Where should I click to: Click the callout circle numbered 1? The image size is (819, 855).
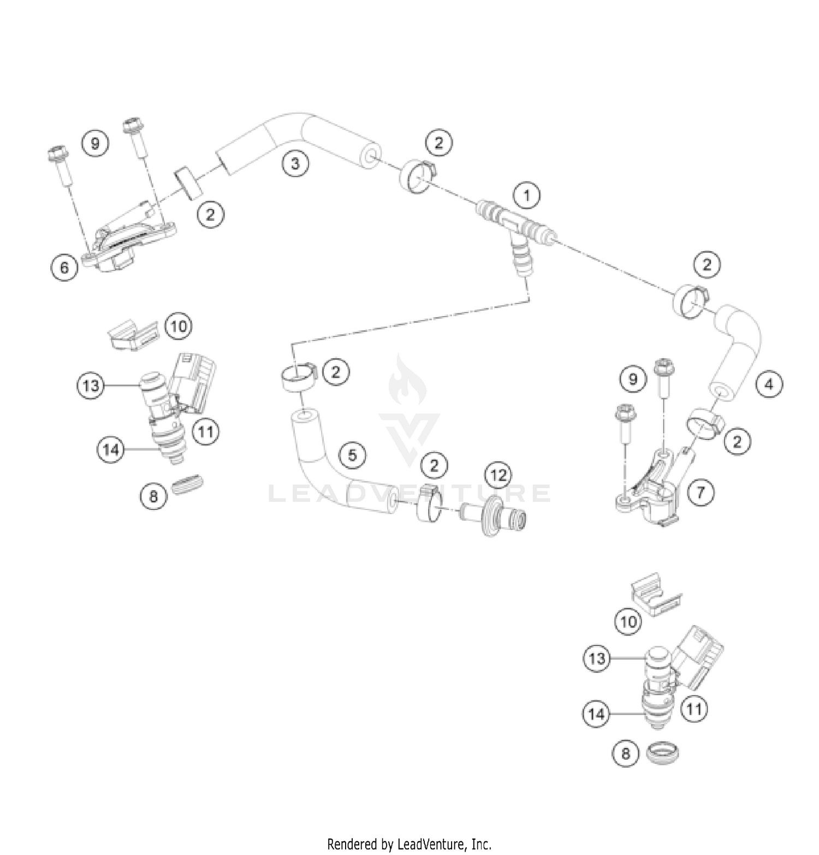[527, 195]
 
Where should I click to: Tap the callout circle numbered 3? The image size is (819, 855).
[295, 163]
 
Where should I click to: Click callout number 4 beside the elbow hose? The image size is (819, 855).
[769, 384]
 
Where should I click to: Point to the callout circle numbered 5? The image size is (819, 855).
[352, 455]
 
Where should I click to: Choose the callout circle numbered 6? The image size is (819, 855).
[65, 268]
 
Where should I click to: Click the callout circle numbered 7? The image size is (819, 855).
[701, 493]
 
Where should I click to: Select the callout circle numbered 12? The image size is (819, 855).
[498, 475]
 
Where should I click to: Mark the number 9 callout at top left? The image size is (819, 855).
[96, 144]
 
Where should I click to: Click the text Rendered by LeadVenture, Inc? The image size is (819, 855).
[409, 844]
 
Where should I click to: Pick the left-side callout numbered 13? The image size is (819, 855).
[91, 385]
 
